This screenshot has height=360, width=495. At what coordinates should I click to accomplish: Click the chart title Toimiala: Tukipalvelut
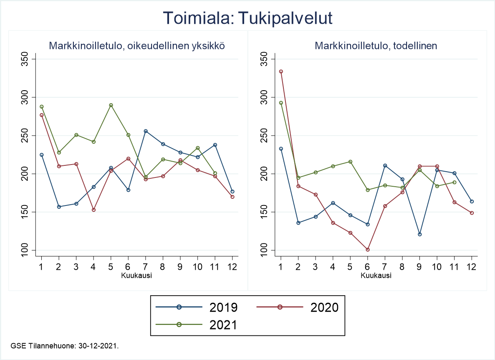[x=247, y=18]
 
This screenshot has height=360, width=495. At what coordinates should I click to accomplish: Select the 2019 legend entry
[x=197, y=307]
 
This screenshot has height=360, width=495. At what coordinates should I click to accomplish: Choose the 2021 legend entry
[x=197, y=325]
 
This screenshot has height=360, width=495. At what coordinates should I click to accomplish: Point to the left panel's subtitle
[x=137, y=46]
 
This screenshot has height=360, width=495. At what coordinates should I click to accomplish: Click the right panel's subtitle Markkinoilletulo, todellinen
[x=376, y=46]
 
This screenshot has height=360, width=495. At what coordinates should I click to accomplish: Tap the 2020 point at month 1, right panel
[x=281, y=71]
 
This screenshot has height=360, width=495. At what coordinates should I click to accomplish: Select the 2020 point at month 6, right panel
[x=368, y=250]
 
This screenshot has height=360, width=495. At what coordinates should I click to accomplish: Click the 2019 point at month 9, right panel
[x=420, y=234]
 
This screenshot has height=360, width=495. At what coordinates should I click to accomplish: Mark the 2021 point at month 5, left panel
[x=111, y=105]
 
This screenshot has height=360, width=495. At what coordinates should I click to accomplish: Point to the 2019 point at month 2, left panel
[x=59, y=207]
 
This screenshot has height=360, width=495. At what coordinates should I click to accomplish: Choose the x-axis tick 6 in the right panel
[x=368, y=267]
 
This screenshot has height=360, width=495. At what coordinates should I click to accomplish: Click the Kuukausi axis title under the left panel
[x=136, y=275]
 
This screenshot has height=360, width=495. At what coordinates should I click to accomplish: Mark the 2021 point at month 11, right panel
[x=455, y=182]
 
